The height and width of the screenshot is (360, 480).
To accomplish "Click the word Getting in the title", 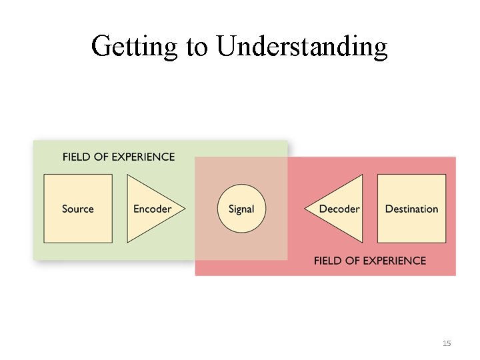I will click(134, 47).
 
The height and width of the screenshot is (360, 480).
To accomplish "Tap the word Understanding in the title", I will click(302, 47).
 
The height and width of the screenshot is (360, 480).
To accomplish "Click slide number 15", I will click(447, 343).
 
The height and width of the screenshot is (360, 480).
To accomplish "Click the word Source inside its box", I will click(78, 209).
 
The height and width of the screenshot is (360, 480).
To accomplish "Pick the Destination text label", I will click(411, 209).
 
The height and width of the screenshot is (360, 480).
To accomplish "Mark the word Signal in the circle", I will click(241, 209).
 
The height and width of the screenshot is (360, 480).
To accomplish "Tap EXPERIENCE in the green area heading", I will click(143, 157).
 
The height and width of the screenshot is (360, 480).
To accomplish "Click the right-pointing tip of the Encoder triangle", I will click(183, 209).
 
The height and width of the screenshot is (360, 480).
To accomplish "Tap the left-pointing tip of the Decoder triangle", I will click(307, 209).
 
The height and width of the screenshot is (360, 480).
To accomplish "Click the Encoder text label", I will click(153, 209).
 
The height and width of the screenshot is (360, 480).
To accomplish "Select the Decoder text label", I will click(339, 209).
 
